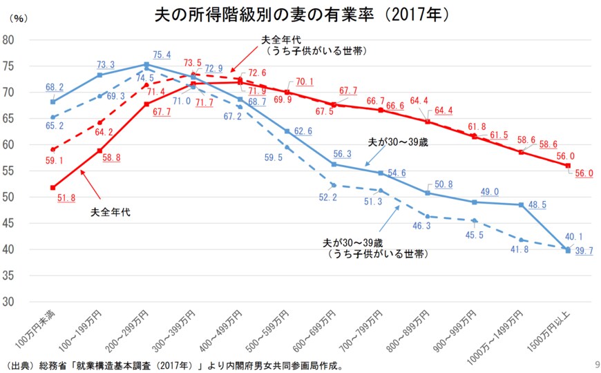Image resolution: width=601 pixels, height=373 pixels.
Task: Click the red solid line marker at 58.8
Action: pos(100,151)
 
